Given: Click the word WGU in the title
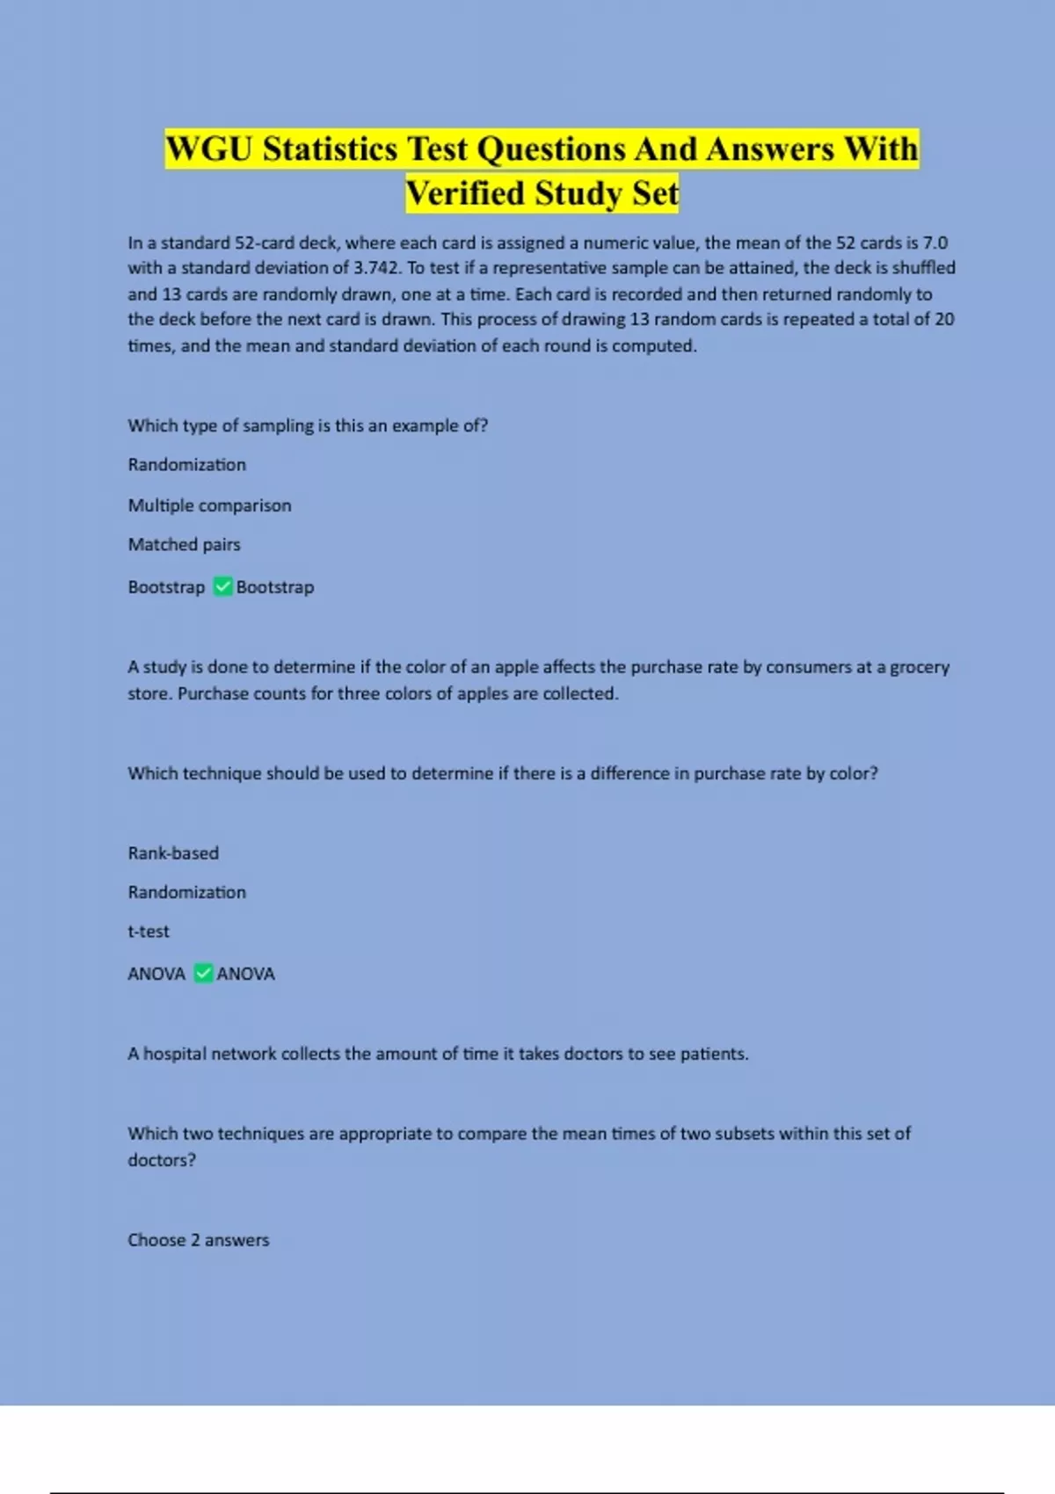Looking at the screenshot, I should [x=209, y=149].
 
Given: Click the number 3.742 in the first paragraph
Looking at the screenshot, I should [x=377, y=268].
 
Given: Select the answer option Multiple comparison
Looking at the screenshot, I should [x=209, y=505].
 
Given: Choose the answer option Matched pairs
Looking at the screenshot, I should [x=184, y=545].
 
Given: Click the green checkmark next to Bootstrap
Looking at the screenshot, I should [x=223, y=586].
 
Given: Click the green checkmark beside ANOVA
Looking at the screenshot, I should [x=203, y=973].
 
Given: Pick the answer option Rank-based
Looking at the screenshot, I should [x=173, y=853].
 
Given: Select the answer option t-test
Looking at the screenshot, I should [x=149, y=932].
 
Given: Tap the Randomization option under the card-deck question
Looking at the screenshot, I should [x=186, y=465].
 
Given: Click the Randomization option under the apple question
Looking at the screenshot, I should [x=186, y=892].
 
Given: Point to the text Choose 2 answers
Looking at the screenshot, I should [x=198, y=1240].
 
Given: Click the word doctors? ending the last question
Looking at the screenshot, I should [x=162, y=1160].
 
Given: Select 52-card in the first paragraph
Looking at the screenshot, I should [x=265, y=243].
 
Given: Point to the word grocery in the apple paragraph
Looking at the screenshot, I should [x=920, y=668].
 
